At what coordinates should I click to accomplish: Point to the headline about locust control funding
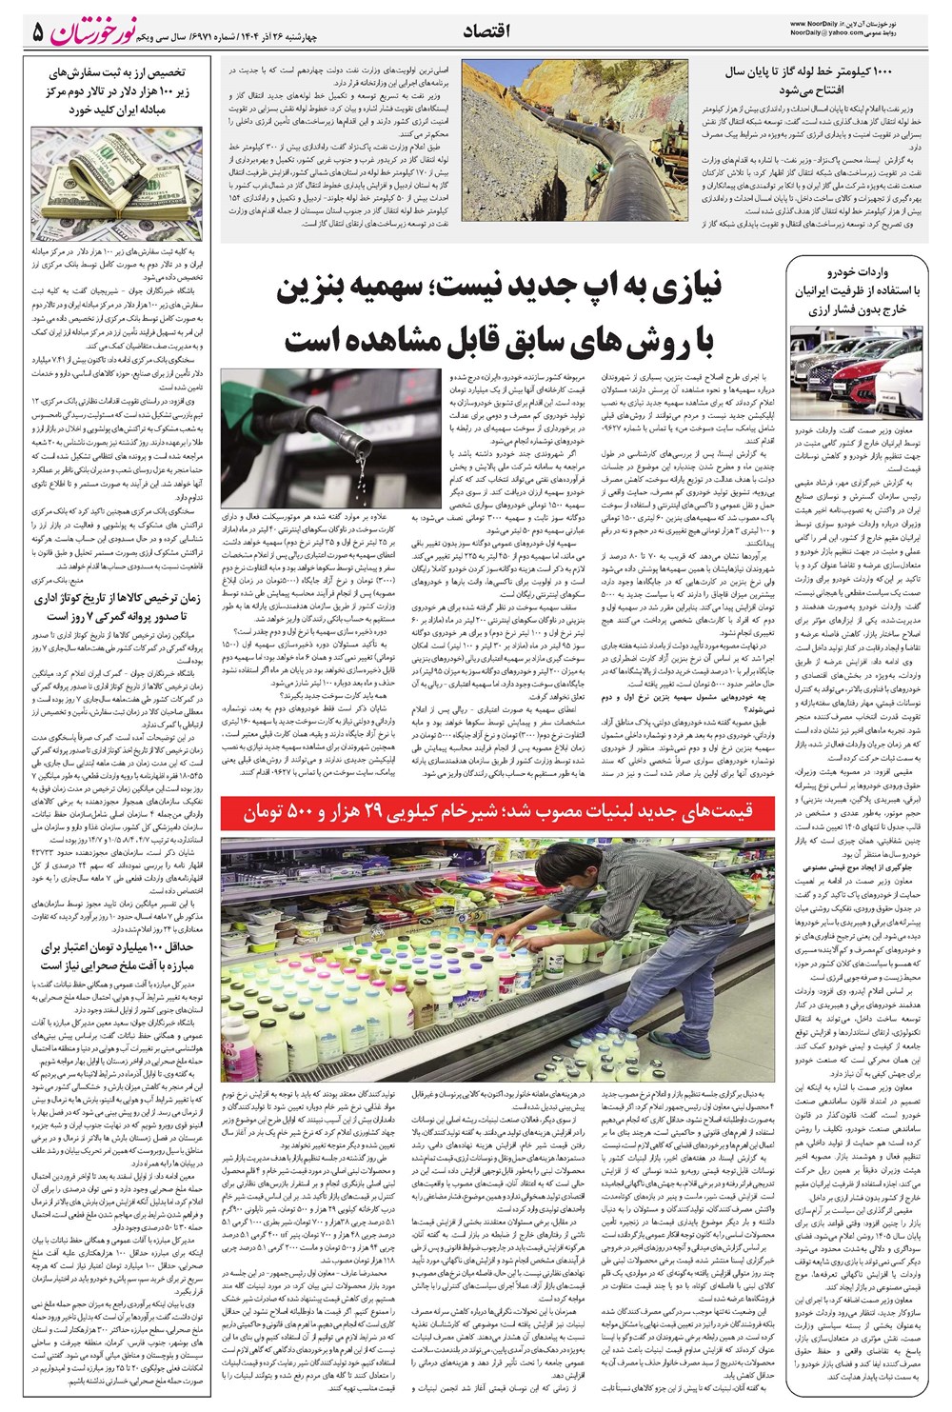117,956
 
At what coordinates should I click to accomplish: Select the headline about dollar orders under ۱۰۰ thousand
117,90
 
